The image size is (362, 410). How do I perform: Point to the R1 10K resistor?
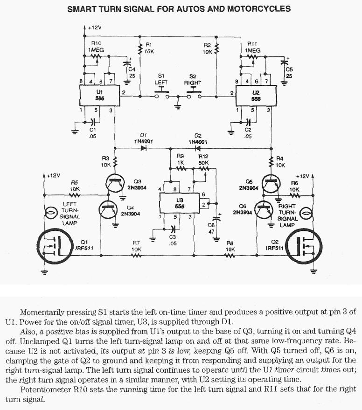(140, 47)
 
